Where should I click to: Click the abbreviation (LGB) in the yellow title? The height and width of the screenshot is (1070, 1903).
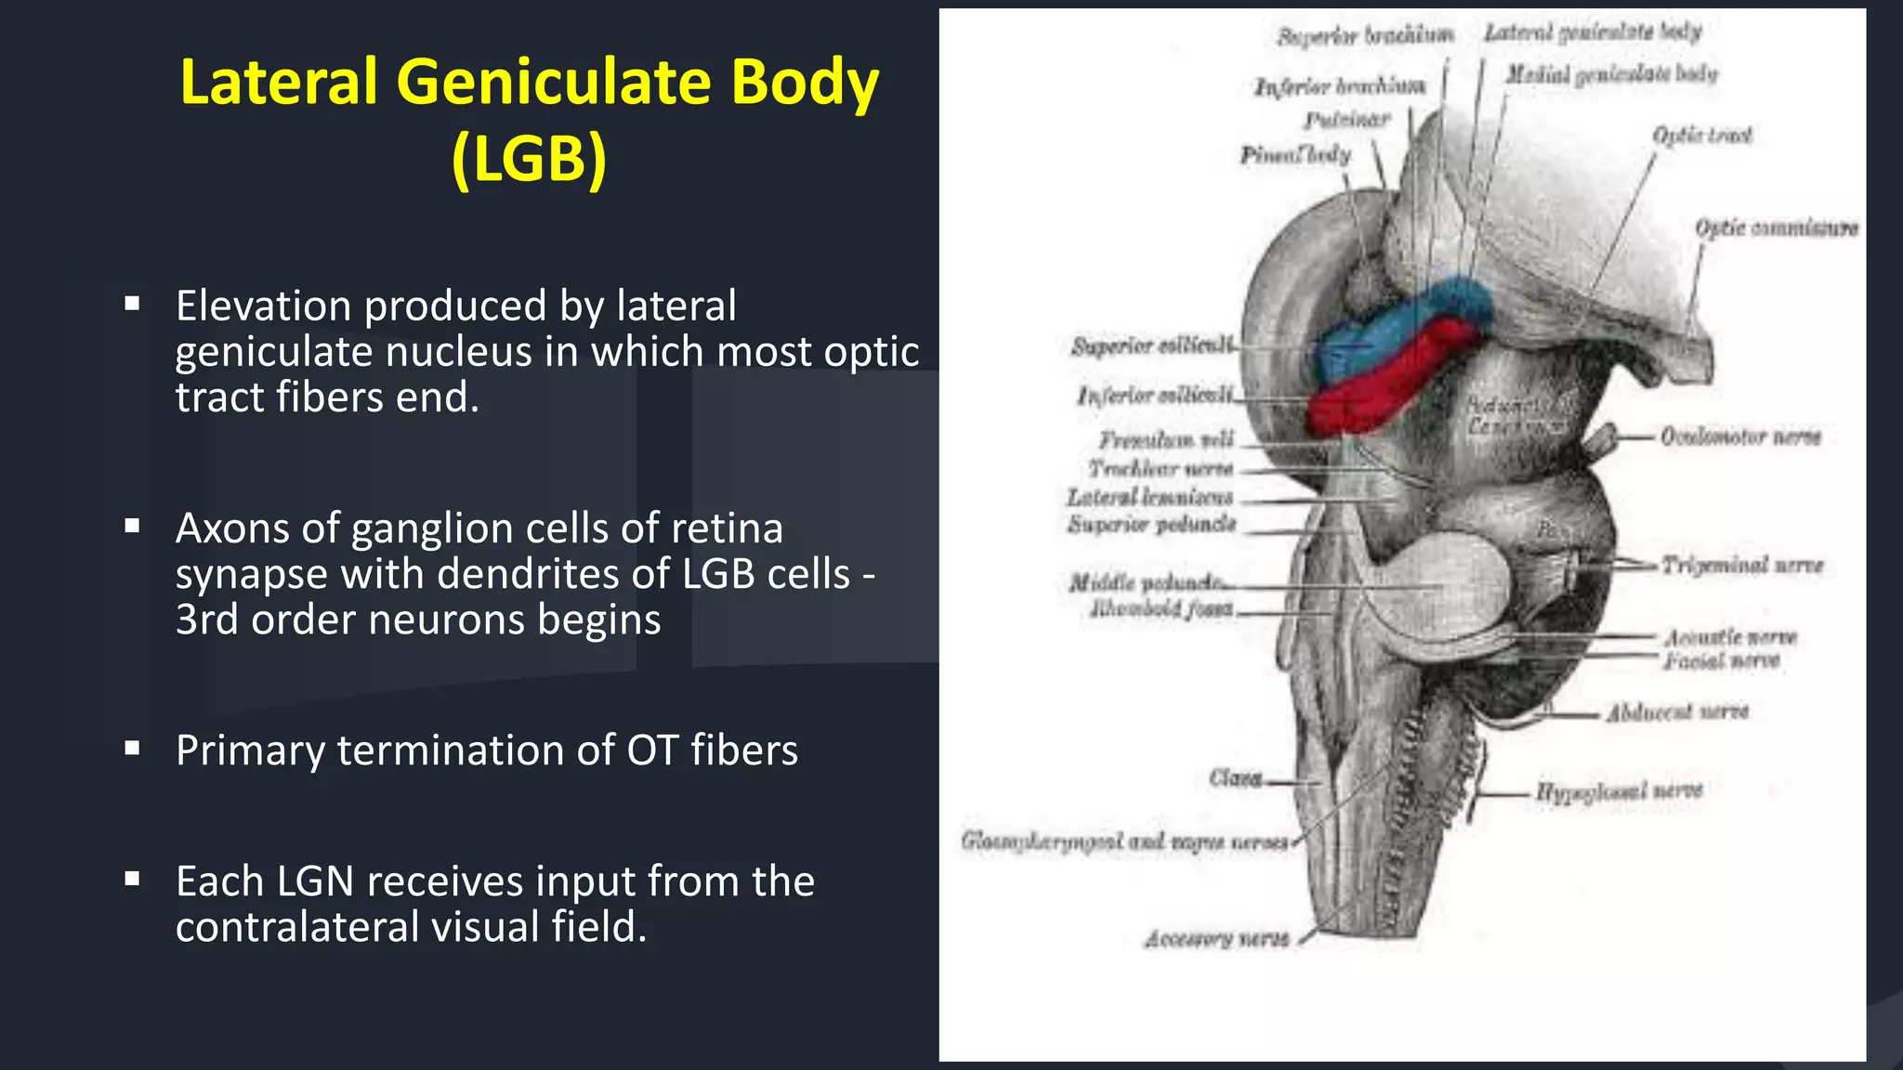pyautogui.click(x=529, y=159)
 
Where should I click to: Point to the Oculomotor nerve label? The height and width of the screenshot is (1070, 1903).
pyautogui.click(x=1740, y=437)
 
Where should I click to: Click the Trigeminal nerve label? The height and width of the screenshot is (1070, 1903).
pyautogui.click(x=1742, y=565)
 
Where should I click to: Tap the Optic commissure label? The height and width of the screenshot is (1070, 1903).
pyautogui.click(x=1776, y=228)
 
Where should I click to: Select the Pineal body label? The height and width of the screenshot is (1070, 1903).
pyautogui.click(x=1295, y=155)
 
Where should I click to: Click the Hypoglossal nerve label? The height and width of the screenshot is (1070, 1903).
pyautogui.click(x=1618, y=791)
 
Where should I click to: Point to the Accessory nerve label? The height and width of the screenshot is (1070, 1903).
pyautogui.click(x=1216, y=939)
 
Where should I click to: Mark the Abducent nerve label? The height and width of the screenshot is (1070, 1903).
pyautogui.click(x=1677, y=712)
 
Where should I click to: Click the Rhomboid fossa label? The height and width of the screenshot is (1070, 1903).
pyautogui.click(x=1161, y=609)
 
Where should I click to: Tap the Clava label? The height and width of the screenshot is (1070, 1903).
pyautogui.click(x=1235, y=777)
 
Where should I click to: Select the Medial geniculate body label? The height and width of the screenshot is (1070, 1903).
pyautogui.click(x=1611, y=73)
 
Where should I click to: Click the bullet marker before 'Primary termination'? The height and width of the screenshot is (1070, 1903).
pyautogui.click(x=133, y=748)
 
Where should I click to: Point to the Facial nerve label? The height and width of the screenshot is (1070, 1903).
pyautogui.click(x=1721, y=661)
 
